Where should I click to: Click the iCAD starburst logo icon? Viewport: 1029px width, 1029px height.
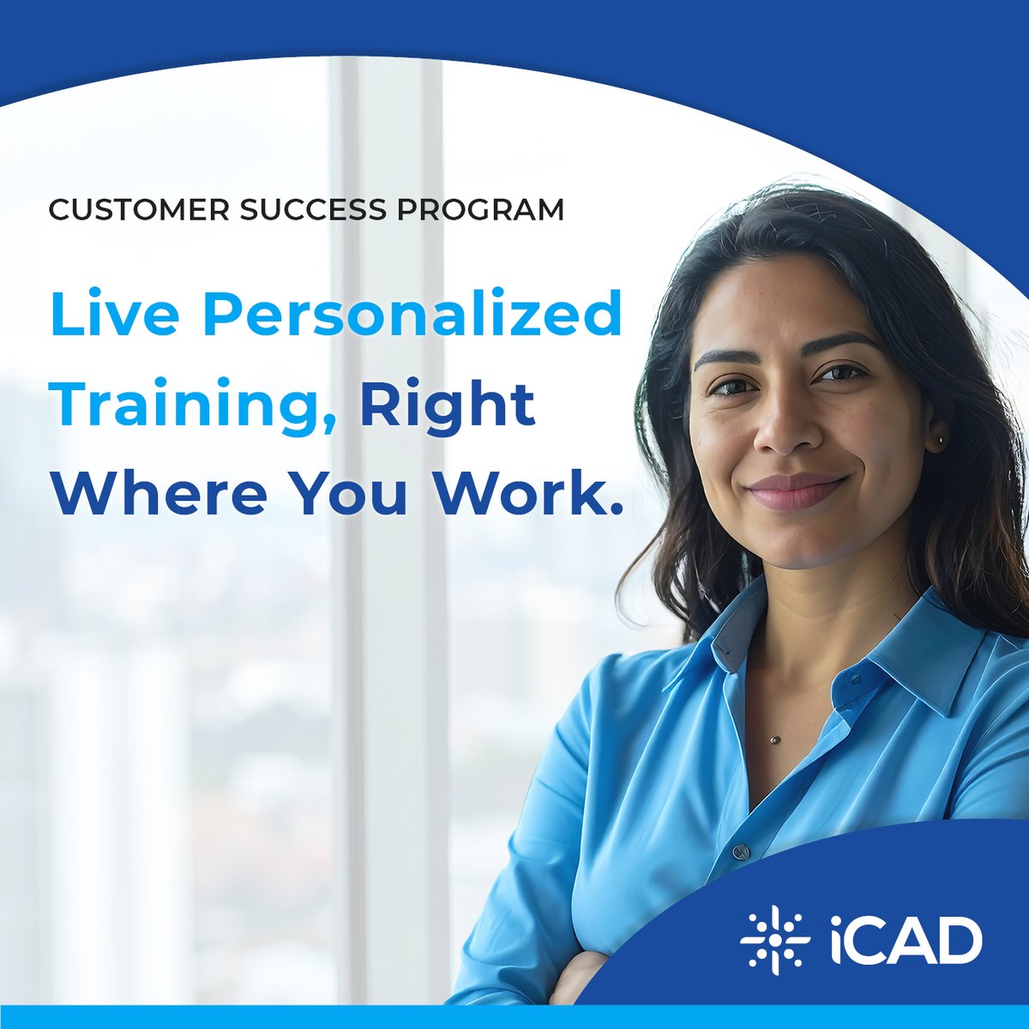click(x=774, y=941)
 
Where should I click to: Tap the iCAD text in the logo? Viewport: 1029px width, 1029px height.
click(x=906, y=941)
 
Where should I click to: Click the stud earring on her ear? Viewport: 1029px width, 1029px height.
click(x=942, y=440)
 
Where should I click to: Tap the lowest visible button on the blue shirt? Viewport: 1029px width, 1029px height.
click(x=740, y=852)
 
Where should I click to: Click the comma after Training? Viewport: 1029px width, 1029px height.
click(x=330, y=425)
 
